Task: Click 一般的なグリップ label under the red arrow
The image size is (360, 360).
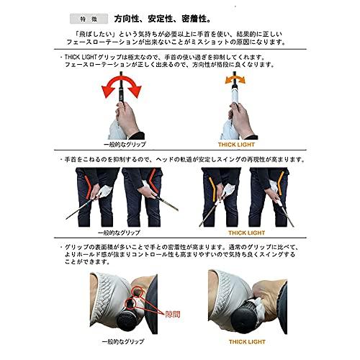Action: (121, 144)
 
